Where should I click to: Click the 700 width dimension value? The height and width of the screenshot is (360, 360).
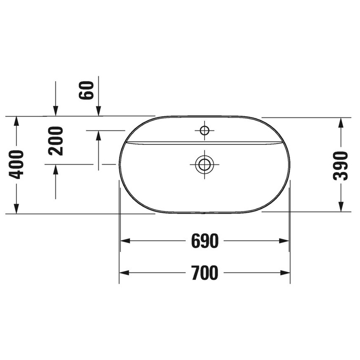tap(205, 273)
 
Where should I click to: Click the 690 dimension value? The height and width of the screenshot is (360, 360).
tap(205, 241)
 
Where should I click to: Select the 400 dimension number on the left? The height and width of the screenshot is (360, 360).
tap(17, 164)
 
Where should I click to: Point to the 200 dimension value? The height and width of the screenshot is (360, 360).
tap(55, 141)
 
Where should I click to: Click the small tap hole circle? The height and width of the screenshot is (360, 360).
tap(205, 130)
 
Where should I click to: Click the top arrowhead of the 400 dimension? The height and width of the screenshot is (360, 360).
tap(16, 121)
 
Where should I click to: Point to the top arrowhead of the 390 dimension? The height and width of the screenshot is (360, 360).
tap(341, 122)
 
